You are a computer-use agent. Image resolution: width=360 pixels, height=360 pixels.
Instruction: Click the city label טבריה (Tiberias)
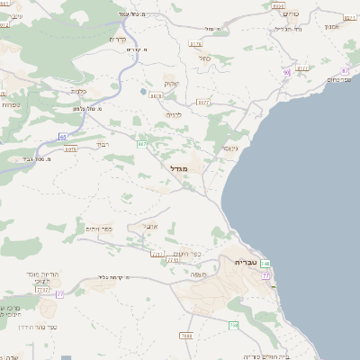click(x=245, y=261)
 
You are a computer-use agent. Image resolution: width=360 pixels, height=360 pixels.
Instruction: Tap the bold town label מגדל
click(x=177, y=167)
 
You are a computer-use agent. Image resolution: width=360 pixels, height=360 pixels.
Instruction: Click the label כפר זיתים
click(x=98, y=229)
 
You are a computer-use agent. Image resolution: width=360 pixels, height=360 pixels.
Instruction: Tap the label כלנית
click(x=77, y=91)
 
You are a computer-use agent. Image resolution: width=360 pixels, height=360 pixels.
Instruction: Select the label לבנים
click(x=175, y=114)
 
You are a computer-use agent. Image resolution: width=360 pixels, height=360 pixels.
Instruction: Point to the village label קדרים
click(x=117, y=39)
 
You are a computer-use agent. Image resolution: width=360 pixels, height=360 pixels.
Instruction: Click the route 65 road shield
click(x=63, y=136)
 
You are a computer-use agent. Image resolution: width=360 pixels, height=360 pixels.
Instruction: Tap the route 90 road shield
click(x=286, y=72)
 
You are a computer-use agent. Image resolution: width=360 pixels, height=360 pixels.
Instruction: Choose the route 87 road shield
click(x=346, y=70)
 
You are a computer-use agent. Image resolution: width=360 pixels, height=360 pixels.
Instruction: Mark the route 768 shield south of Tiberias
click(x=234, y=325)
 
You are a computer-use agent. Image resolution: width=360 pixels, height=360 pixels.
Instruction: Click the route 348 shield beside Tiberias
click(x=266, y=263)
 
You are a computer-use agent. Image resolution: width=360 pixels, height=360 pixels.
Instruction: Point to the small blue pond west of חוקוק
click(x=142, y=90)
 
